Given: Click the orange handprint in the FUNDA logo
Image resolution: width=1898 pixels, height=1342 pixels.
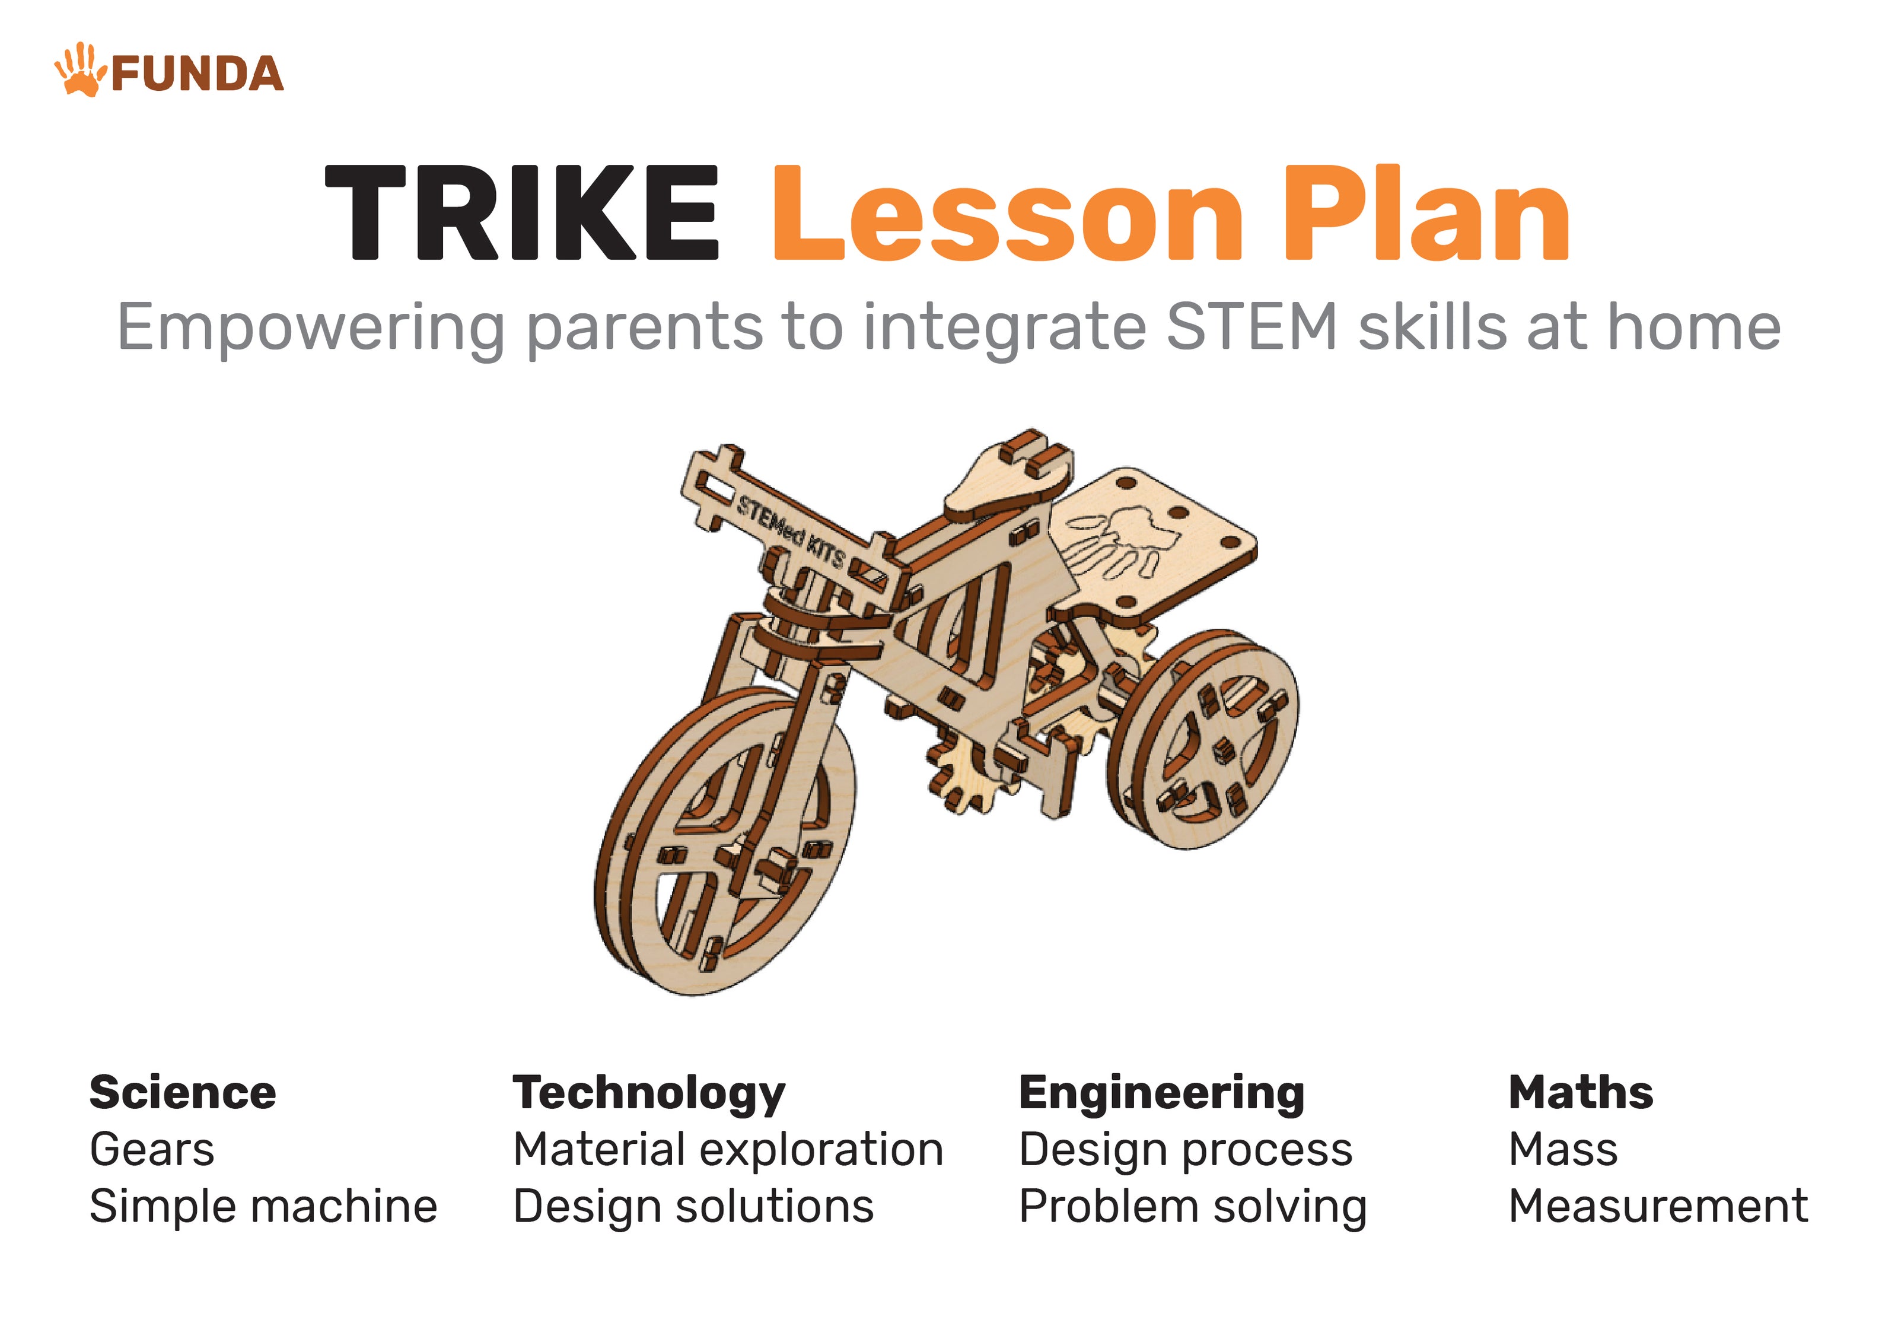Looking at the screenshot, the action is [79, 70].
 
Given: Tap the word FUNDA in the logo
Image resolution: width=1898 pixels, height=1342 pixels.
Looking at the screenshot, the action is [197, 74].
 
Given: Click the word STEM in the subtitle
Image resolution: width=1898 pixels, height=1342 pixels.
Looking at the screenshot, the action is [1251, 327].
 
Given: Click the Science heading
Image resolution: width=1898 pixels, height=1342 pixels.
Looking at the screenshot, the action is [183, 1092].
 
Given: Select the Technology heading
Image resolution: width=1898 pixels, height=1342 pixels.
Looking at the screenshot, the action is [649, 1095].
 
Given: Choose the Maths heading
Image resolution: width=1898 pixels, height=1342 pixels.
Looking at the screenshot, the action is [1581, 1092].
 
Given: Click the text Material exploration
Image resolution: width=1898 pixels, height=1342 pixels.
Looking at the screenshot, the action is [728, 1151].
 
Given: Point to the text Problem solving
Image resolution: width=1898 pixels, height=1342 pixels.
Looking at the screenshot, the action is [1193, 1208].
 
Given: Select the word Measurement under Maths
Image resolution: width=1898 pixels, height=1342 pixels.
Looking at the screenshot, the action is [1658, 1206].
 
